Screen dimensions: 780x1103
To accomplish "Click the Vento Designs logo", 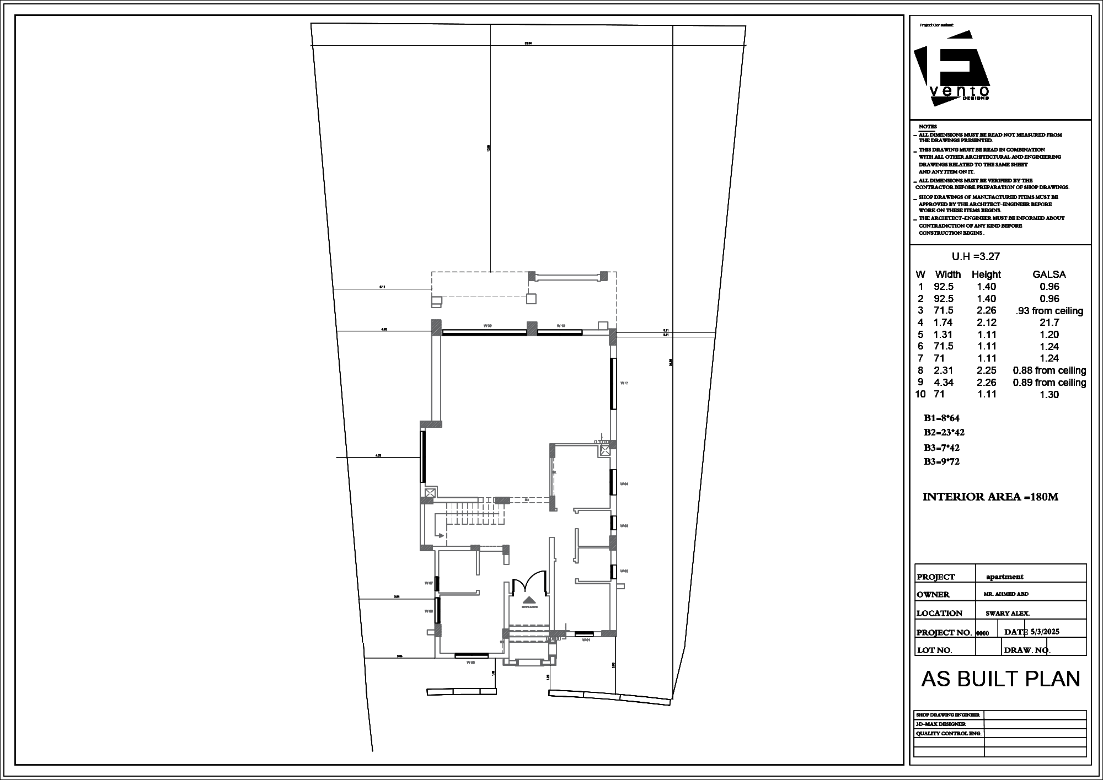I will tap(952, 69).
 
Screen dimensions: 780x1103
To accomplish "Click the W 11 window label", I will tap(624, 383).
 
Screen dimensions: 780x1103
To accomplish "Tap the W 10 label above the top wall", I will tap(561, 326).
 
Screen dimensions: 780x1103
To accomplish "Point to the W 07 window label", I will tap(429, 583).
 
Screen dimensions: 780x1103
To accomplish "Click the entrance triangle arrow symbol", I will tap(529, 600).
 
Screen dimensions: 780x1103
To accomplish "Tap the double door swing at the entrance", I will tap(529, 585).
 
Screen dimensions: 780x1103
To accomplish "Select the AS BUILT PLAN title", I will tap(1000, 679).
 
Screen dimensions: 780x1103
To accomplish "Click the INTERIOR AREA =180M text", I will tap(990, 497).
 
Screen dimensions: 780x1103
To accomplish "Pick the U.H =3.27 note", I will tap(976, 256).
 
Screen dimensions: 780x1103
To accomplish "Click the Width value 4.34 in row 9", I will tap(943, 382).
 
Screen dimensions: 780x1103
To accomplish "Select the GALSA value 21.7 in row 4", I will tap(1049, 322).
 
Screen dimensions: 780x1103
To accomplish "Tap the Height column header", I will tap(986, 274).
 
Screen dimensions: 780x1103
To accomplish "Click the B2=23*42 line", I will tap(944, 433).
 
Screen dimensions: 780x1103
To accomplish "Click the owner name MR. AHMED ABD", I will tap(1006, 594).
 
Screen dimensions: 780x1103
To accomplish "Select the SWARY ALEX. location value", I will tap(1008, 614).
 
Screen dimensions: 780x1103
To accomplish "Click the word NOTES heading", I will tap(928, 127).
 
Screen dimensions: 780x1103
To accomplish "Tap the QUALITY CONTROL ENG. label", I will tap(949, 734).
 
